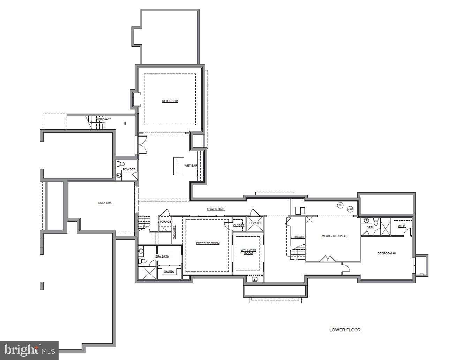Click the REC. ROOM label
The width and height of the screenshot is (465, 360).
click(170, 101)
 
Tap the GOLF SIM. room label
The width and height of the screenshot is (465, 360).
click(105, 203)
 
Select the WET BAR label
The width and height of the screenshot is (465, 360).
click(191, 166)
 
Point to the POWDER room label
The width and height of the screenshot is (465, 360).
click(129, 169)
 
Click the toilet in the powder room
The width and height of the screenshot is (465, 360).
click(121, 164)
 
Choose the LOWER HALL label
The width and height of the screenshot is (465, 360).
click(216, 209)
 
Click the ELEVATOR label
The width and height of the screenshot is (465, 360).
click(255, 223)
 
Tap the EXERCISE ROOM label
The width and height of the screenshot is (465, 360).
click(208, 243)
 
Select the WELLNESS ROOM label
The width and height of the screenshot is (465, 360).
click(248, 252)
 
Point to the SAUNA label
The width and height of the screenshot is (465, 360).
click(169, 271)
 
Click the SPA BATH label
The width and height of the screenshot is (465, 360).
click(162, 256)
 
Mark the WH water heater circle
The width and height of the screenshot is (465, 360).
click(340, 205)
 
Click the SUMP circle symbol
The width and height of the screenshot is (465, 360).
click(350, 209)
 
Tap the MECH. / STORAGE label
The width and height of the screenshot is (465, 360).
click(334, 236)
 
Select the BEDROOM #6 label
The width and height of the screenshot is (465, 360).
click(387, 253)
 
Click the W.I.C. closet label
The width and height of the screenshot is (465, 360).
click(402, 226)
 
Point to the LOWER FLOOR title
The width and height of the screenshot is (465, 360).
click(345, 330)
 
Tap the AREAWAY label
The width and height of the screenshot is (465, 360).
click(104, 119)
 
